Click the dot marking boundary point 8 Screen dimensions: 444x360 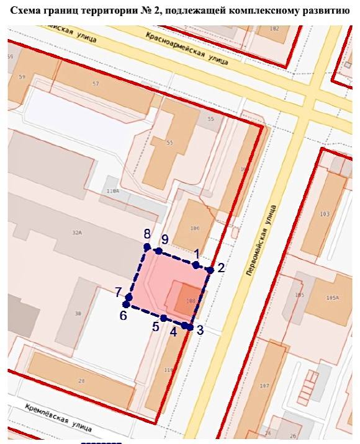147,247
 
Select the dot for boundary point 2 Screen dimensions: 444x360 210,270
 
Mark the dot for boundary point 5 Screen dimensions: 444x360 163,318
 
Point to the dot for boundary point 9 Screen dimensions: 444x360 159,251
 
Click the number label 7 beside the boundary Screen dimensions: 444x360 117,291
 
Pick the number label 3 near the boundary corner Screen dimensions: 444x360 200,331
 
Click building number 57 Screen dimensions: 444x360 95,83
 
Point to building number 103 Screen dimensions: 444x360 324,214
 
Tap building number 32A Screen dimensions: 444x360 77,233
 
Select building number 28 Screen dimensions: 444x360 81,380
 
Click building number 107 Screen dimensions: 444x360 264,386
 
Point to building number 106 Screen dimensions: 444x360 195,228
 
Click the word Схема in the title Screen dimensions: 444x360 29,11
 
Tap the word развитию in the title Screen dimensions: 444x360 326,11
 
